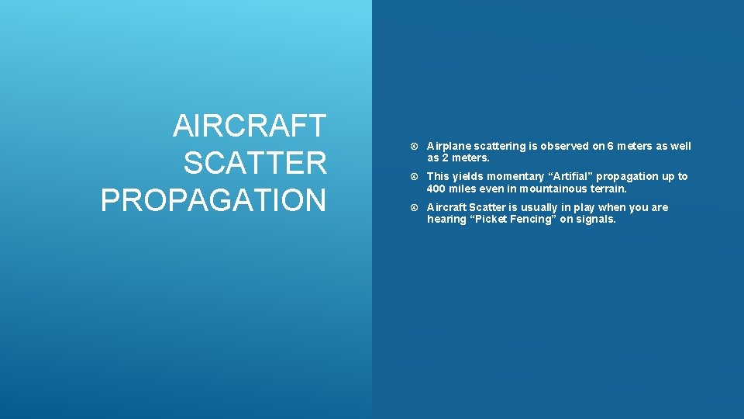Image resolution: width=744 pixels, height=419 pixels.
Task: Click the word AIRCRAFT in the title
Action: tap(250, 125)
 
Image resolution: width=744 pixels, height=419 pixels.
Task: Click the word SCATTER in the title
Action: tap(255, 163)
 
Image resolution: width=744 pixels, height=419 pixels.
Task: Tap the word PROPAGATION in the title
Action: tap(214, 200)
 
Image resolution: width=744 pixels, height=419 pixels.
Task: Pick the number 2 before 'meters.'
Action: tap(446, 158)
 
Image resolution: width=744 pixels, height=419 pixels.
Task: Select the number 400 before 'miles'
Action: tap(437, 189)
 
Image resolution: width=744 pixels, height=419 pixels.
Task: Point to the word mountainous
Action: tap(553, 189)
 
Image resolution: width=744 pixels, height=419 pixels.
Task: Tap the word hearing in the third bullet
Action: tap(445, 219)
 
